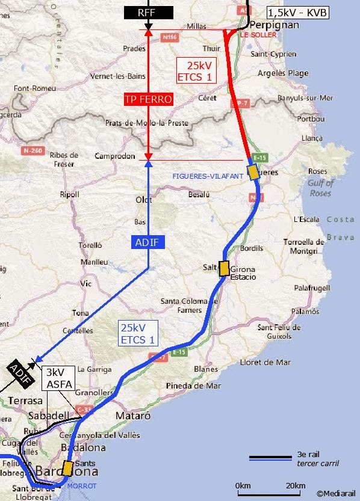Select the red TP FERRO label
tap(148, 99)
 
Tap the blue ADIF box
tap(147, 242)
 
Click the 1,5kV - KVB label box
tap(298, 11)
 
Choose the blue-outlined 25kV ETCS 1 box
tap(138, 334)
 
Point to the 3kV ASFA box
tap(59, 378)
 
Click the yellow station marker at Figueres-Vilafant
tap(253, 171)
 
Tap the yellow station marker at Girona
tap(224, 268)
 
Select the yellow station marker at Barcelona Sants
tap(67, 469)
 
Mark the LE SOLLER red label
tap(258, 35)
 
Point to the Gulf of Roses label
tap(321, 188)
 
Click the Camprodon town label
tap(114, 156)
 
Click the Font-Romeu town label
tap(34, 88)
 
